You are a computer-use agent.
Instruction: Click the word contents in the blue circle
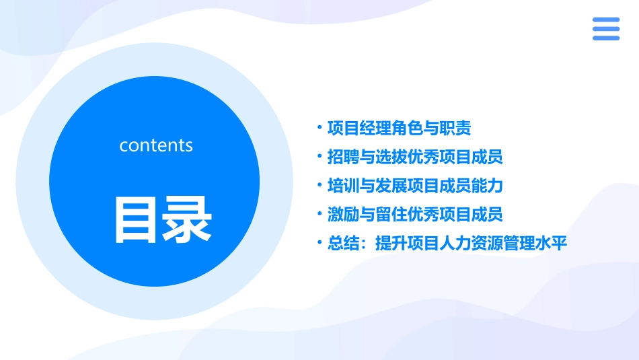click(x=156, y=145)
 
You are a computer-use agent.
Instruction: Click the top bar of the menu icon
click(x=605, y=20)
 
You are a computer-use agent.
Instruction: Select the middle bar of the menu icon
click(x=605, y=29)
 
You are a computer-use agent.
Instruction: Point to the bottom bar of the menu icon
click(x=605, y=38)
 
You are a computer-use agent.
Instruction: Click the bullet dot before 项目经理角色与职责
click(x=319, y=127)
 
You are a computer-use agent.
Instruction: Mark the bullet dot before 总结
click(x=319, y=242)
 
